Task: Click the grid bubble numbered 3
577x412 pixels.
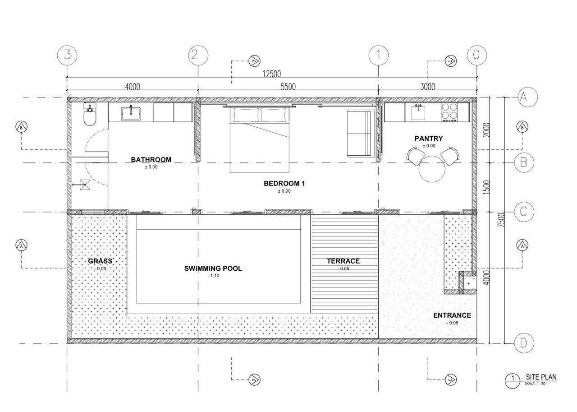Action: coord(67,55)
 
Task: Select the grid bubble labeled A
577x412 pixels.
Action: coord(523,96)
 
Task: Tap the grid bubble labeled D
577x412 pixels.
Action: coord(523,343)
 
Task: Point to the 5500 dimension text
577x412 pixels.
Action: coord(288,87)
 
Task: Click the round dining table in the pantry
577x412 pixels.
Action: coord(432,169)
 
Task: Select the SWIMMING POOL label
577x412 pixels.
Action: coord(213,268)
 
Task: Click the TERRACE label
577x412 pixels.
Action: coord(343,261)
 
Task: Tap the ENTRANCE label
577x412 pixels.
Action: coord(452,315)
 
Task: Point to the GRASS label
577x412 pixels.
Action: coord(100,261)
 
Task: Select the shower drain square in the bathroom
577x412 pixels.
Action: coord(85,184)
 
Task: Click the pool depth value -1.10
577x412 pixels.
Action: coord(213,276)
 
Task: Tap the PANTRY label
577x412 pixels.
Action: coord(429,139)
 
